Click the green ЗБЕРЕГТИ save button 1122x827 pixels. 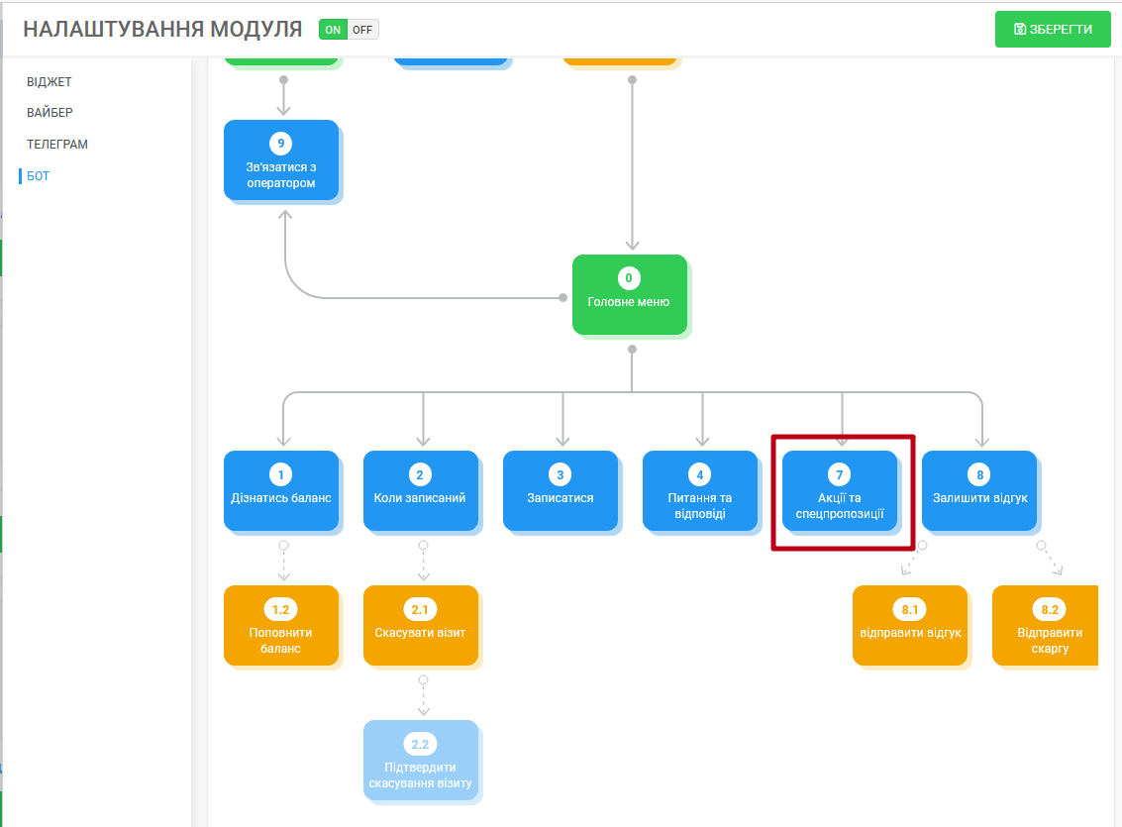pyautogui.click(x=1053, y=30)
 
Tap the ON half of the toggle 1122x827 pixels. pyautogui.click(x=333, y=30)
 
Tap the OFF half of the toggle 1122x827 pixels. pyautogui.click(x=362, y=30)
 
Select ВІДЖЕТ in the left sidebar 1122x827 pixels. pyautogui.click(x=50, y=81)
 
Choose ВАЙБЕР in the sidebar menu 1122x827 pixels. pyautogui.click(x=51, y=112)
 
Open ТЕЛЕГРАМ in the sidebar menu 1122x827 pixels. pyautogui.click(x=57, y=144)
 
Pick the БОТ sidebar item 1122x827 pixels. pyautogui.click(x=38, y=176)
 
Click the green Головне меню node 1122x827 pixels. pyautogui.click(x=630, y=295)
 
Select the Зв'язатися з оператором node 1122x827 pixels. pyautogui.click(x=281, y=160)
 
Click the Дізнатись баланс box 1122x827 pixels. pyautogui.click(x=281, y=491)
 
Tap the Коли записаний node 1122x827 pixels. pyautogui.click(x=421, y=491)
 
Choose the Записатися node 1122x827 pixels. pyautogui.click(x=561, y=491)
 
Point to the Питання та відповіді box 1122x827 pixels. pyautogui.click(x=700, y=491)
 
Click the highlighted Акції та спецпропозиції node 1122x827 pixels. pyautogui.click(x=840, y=491)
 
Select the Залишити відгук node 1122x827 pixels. pyautogui.click(x=979, y=491)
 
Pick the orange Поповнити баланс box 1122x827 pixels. pyautogui.click(x=281, y=625)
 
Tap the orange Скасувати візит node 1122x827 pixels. pyautogui.click(x=421, y=625)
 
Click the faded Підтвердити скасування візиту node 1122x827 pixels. pyautogui.click(x=421, y=760)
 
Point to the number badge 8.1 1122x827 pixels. pyautogui.click(x=909, y=609)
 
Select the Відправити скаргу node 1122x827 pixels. pyautogui.click(x=1046, y=625)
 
